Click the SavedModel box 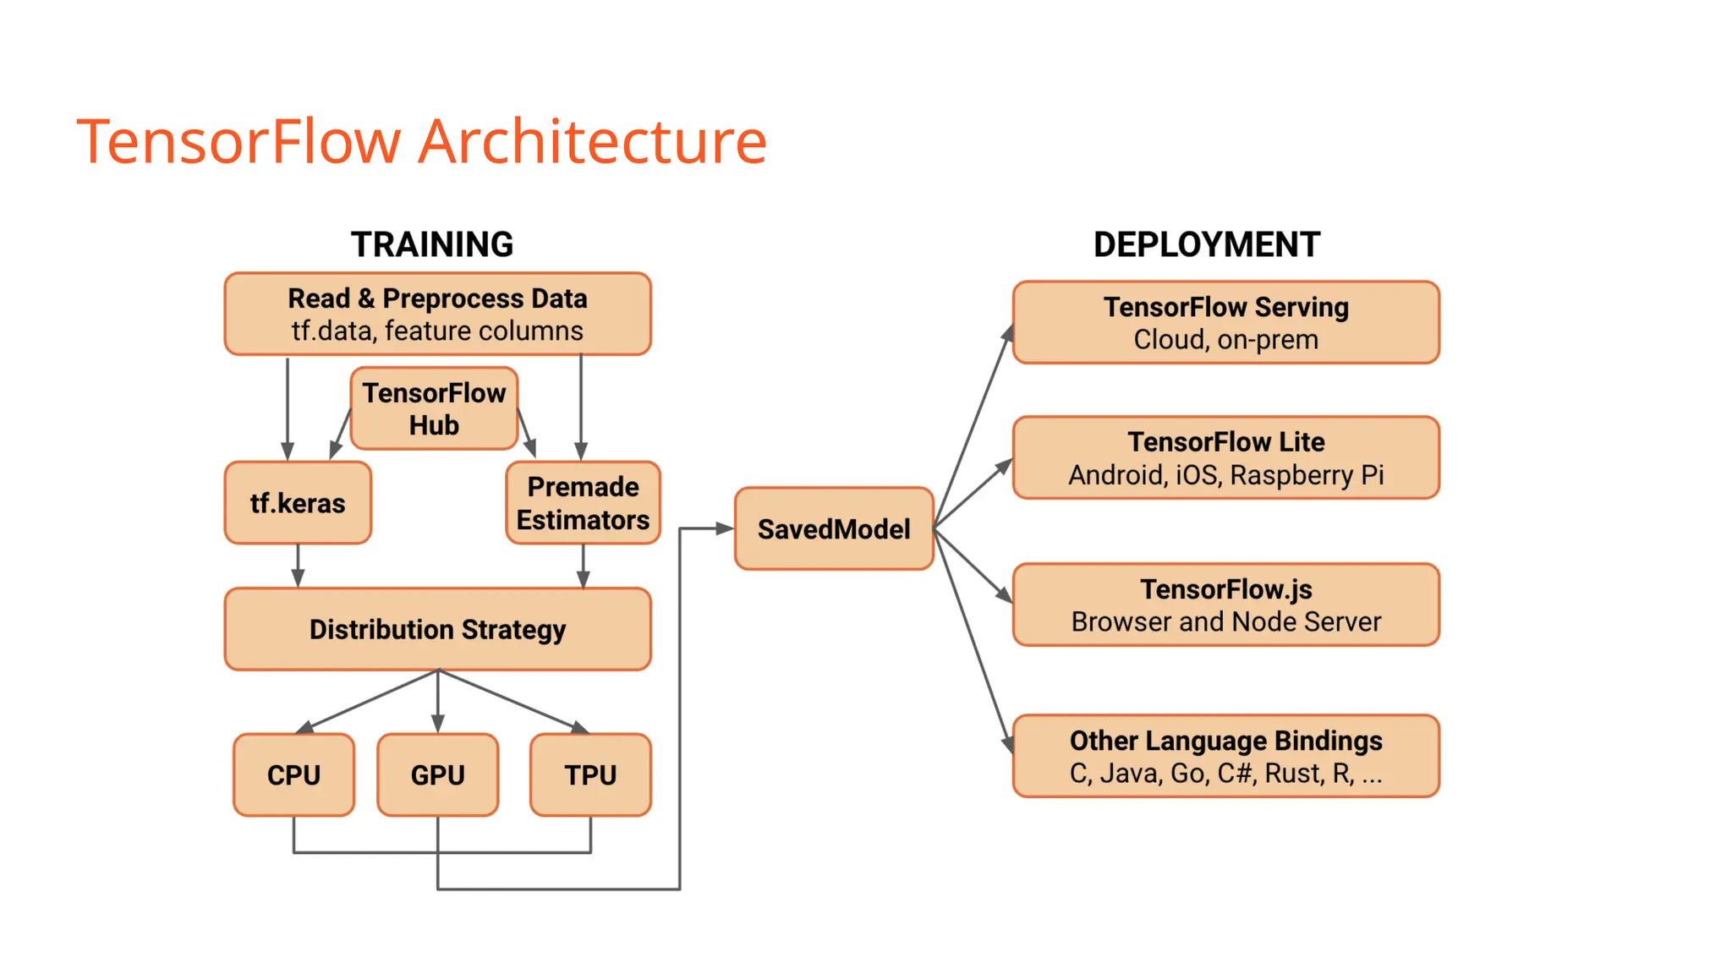[834, 528]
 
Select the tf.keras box [298, 503]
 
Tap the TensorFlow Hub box [434, 408]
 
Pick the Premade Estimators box [583, 503]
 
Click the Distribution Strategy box [437, 629]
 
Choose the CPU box [293, 774]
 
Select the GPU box [437, 774]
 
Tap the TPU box [590, 774]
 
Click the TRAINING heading [432, 244]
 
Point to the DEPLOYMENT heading [1206, 244]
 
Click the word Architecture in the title [593, 141]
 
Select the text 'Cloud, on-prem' [1225, 340]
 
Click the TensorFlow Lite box [1225, 457]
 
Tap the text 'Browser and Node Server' [1225, 622]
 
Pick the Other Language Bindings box [1225, 756]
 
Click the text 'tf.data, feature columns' [437, 331]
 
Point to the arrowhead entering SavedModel [725, 528]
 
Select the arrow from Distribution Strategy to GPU [437, 702]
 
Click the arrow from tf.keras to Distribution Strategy [298, 565]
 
